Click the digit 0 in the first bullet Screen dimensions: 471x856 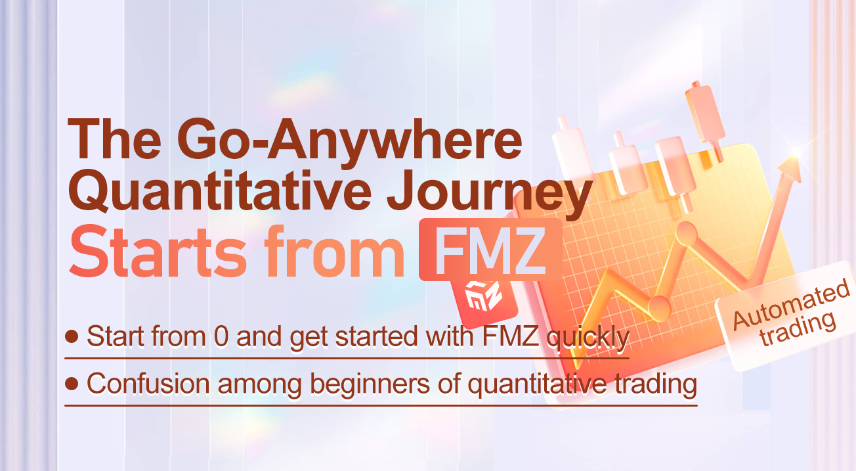click(221, 338)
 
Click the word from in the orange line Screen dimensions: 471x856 click(335, 252)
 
